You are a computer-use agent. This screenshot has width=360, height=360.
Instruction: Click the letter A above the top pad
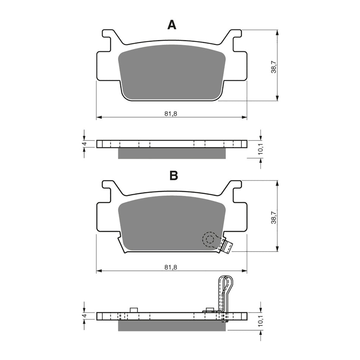pyautogui.click(x=172, y=25)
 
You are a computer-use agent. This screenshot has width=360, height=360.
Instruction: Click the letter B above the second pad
pyautogui.click(x=174, y=176)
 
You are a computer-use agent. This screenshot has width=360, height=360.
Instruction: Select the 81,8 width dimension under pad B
pyautogui.click(x=171, y=267)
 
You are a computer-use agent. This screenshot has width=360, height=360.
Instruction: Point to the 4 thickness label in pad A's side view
pyautogui.click(x=85, y=144)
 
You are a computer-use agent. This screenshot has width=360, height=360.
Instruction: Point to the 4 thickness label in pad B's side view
pyautogui.click(x=85, y=315)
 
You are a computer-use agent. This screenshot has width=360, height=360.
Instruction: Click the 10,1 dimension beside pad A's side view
pyautogui.click(x=260, y=151)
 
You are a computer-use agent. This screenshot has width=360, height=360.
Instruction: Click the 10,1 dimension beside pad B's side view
pyautogui.click(x=260, y=322)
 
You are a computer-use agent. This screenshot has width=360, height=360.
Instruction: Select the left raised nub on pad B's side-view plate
pyautogui.click(x=133, y=310)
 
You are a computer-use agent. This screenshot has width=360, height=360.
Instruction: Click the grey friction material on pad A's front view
pyautogui.click(x=172, y=72)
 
